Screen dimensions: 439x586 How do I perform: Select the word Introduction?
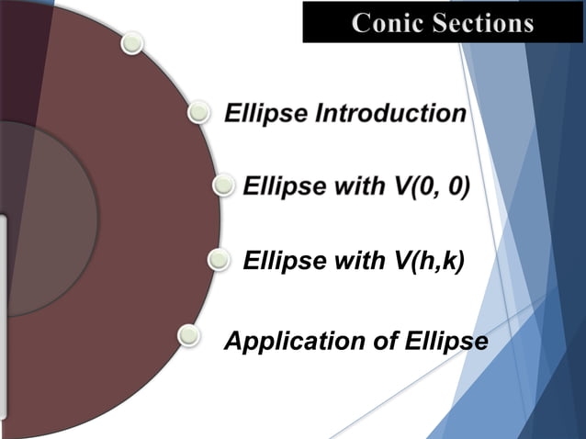point(391,114)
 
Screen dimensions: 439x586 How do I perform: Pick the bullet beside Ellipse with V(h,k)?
point(219,262)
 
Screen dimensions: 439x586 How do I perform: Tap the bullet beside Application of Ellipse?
point(188,335)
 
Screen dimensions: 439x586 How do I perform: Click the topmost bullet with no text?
point(133,42)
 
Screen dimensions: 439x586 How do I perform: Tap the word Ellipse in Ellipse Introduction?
point(265,114)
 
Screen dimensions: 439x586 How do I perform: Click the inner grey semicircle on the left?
point(55,220)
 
